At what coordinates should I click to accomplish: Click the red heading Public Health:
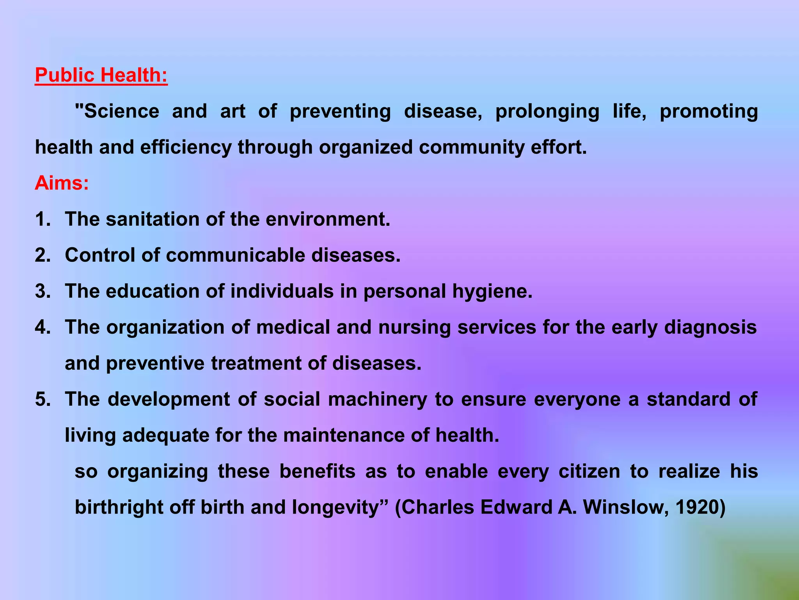(x=101, y=75)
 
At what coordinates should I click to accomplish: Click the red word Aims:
(x=62, y=183)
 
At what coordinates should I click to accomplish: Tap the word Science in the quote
(x=121, y=111)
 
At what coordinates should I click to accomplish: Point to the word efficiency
(x=186, y=148)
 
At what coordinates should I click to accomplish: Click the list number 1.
(x=43, y=219)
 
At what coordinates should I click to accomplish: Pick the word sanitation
(x=153, y=219)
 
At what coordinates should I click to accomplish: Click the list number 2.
(x=43, y=255)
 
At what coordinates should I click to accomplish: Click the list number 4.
(x=43, y=327)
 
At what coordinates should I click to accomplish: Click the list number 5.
(x=43, y=399)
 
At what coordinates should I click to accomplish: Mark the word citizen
(x=589, y=471)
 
